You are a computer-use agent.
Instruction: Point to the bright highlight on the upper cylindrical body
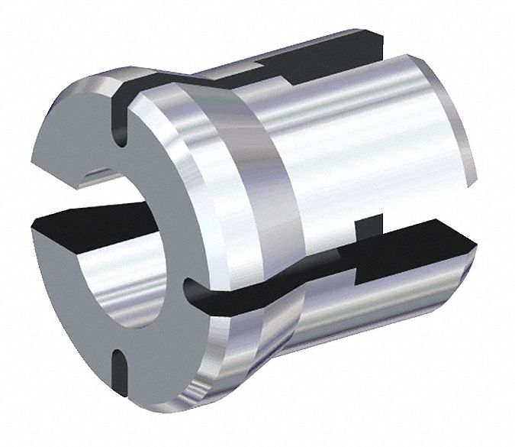pos(320,122)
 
